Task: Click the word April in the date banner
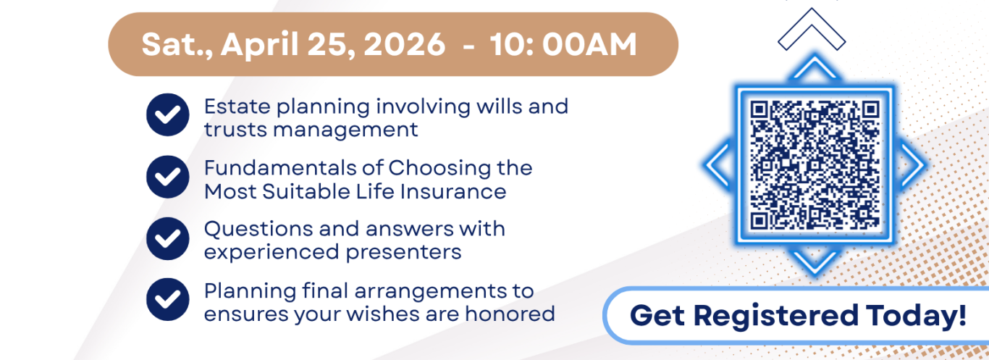point(260,45)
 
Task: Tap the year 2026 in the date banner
point(405,44)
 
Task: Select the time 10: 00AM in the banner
point(563,44)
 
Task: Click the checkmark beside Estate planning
point(168,115)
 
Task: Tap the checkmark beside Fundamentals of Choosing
point(168,177)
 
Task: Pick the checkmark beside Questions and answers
point(168,238)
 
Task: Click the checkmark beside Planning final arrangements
point(168,299)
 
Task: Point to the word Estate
point(237,106)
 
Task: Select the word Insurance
point(453,192)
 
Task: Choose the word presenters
point(403,253)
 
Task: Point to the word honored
point(510,314)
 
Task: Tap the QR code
point(815,164)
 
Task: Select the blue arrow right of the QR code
point(912,164)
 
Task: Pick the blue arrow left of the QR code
point(718,164)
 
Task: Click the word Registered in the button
point(775,317)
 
